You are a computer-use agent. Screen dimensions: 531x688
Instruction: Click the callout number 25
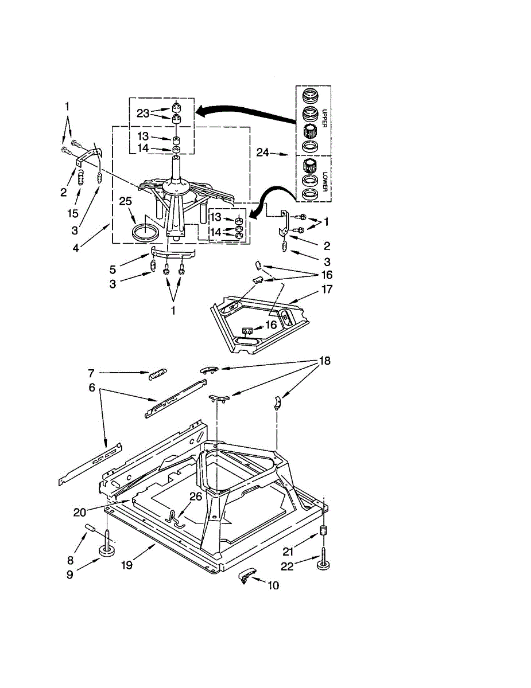[x=125, y=201]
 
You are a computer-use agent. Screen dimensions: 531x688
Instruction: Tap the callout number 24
[x=262, y=153]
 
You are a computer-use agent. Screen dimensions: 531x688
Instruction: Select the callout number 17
[x=327, y=289]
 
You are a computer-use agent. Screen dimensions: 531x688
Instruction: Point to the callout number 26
[x=196, y=497]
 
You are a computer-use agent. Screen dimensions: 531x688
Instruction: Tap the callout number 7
[x=91, y=374]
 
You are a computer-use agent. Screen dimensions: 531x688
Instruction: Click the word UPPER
[x=324, y=118]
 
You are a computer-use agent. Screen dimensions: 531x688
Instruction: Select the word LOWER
[x=324, y=181]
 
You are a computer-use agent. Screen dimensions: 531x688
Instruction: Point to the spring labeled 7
[x=157, y=374]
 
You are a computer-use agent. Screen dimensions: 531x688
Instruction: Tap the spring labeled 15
[x=81, y=178]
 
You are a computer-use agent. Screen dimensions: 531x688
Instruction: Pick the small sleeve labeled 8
[x=90, y=528]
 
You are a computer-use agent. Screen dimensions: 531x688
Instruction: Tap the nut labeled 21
[x=323, y=530]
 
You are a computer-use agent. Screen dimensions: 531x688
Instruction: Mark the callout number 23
[x=143, y=114]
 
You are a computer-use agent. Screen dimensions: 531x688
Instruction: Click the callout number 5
[x=113, y=270]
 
